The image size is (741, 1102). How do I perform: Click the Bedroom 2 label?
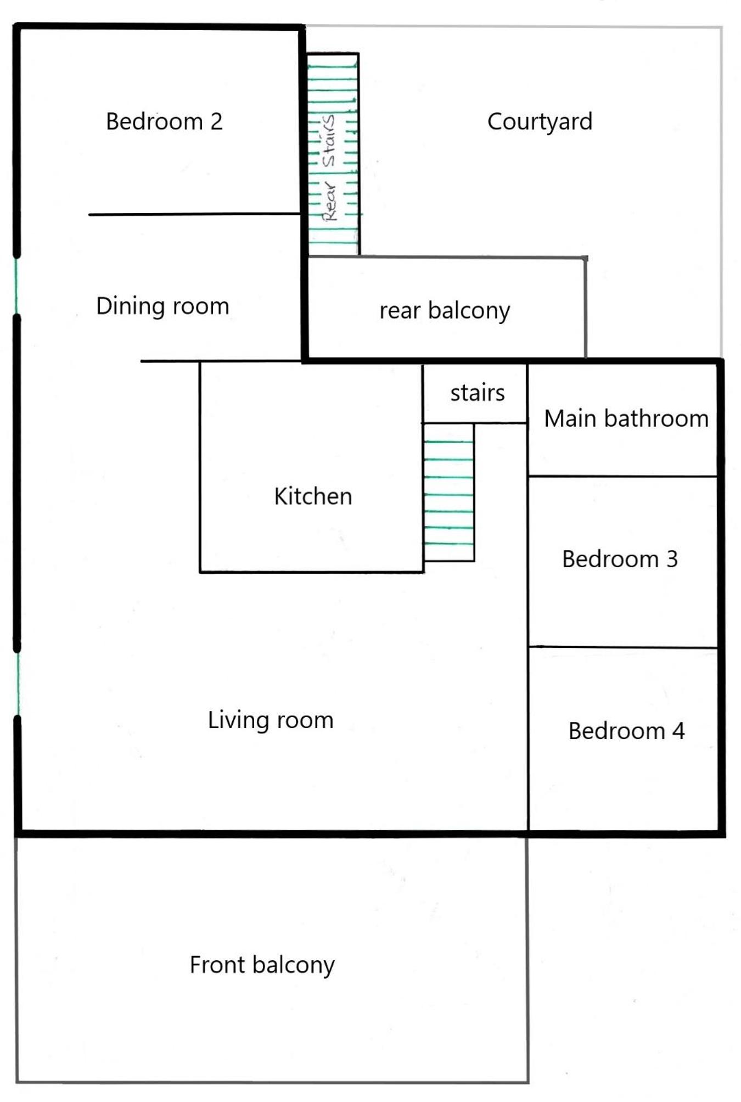(x=164, y=121)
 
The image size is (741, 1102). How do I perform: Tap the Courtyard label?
(x=540, y=122)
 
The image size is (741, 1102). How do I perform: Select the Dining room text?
(x=162, y=306)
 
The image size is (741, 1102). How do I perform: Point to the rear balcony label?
(x=445, y=311)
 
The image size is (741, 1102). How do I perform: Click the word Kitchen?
(x=313, y=496)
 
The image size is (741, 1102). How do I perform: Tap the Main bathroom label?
(x=626, y=418)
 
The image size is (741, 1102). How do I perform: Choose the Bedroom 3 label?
(x=620, y=559)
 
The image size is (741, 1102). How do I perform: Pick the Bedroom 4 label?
(x=626, y=731)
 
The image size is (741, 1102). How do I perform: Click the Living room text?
(x=271, y=720)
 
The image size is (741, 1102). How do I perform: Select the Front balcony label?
(x=262, y=965)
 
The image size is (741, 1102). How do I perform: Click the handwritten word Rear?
(x=329, y=201)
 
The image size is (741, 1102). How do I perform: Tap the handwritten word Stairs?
(x=329, y=141)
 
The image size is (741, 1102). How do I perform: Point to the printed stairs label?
(x=478, y=393)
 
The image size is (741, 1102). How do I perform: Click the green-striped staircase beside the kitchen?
(x=448, y=492)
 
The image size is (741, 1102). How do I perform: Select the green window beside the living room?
(x=18, y=684)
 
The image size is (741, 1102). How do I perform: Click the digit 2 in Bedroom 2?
(x=216, y=121)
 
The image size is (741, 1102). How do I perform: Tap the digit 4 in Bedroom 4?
(x=678, y=731)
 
